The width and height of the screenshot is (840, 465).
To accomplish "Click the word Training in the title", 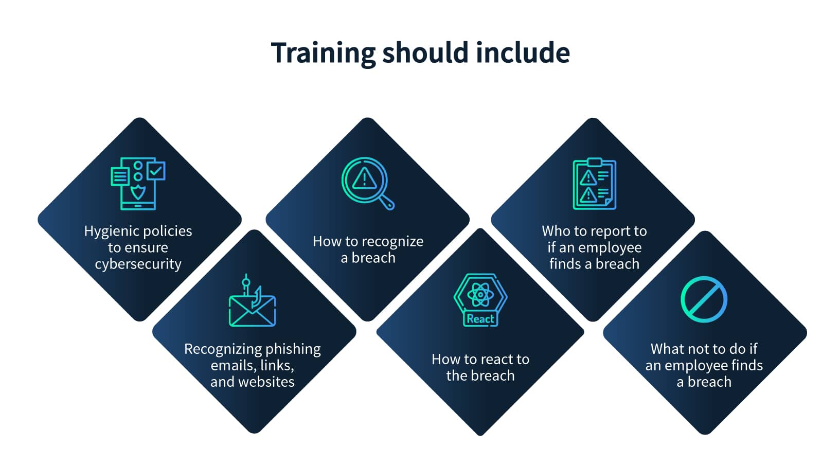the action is (x=323, y=53).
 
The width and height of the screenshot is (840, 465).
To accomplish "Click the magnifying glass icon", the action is (x=367, y=183).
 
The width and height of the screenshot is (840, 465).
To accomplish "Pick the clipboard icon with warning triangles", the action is (x=594, y=184).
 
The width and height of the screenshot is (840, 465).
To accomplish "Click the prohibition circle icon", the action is (x=704, y=299).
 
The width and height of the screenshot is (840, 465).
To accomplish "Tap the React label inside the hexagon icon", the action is (x=480, y=319).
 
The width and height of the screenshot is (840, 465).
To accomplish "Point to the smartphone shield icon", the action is (x=138, y=184).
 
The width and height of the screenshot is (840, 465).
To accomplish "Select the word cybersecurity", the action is (x=138, y=264).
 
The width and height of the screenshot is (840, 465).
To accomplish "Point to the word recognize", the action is (x=392, y=242).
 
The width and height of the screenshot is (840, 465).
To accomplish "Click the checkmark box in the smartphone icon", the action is (x=156, y=171).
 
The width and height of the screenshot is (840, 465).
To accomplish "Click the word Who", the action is (x=553, y=231).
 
